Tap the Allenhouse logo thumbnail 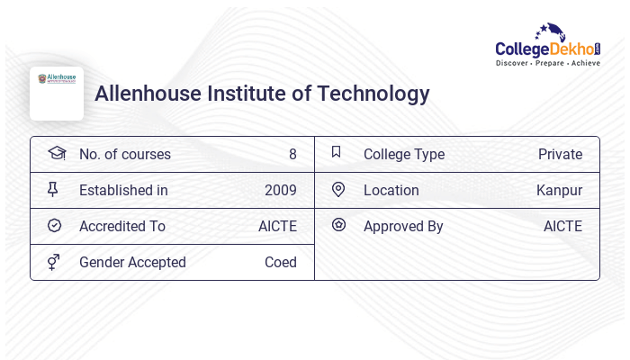pyautogui.click(x=57, y=93)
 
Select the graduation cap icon pyautogui.click(x=56, y=154)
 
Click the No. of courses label pyautogui.click(x=124, y=155)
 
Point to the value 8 pyautogui.click(x=292, y=155)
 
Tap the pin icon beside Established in pyautogui.click(x=54, y=190)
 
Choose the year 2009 pyautogui.click(x=280, y=191)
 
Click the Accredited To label pyautogui.click(x=122, y=227)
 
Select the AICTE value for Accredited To pyautogui.click(x=277, y=227)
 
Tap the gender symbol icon pyautogui.click(x=54, y=262)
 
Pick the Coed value pyautogui.click(x=280, y=263)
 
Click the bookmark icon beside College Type pyautogui.click(x=337, y=153)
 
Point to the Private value pyautogui.click(x=560, y=155)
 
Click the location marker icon pyautogui.click(x=337, y=190)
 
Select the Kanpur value pyautogui.click(x=559, y=191)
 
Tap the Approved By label pyautogui.click(x=403, y=227)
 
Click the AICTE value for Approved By pyautogui.click(x=562, y=227)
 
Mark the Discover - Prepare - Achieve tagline pyautogui.click(x=547, y=64)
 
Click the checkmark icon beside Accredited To pyautogui.click(x=54, y=226)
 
